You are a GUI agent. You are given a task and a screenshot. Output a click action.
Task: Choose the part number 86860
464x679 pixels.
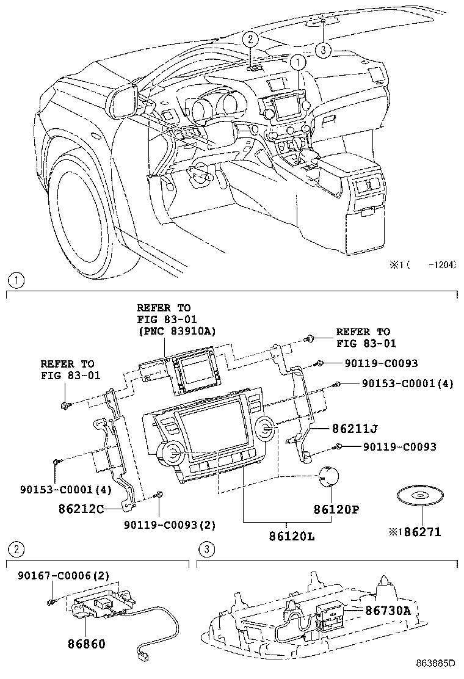(87, 644)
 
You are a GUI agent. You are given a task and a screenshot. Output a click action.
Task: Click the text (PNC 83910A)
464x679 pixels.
(176, 330)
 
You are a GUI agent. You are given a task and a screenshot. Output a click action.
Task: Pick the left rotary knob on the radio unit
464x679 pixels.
(170, 454)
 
